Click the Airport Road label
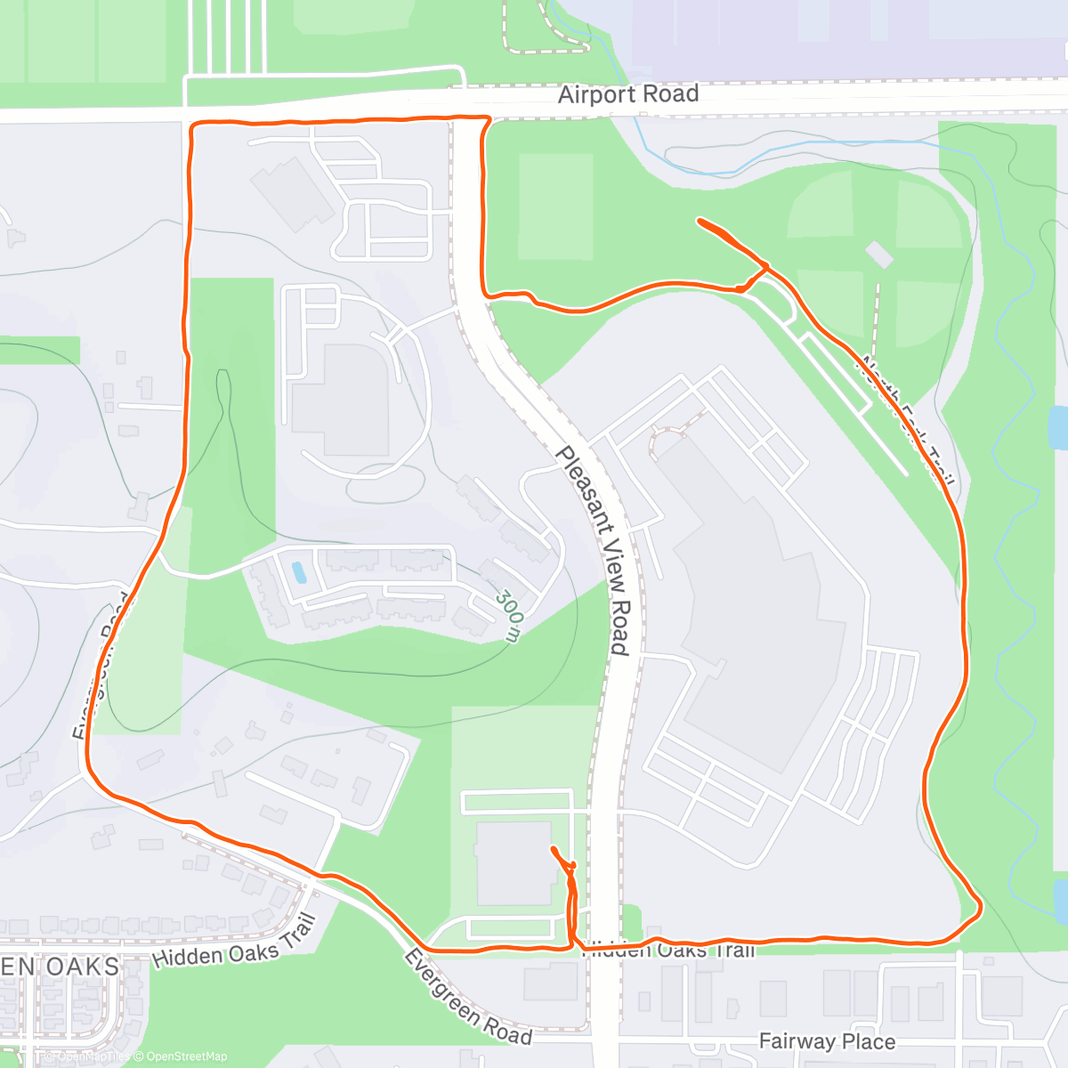627,93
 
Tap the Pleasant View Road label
594,549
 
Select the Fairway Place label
827,1041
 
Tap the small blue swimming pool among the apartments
299,572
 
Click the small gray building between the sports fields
878,255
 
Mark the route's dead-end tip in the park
700,220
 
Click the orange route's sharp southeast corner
980,908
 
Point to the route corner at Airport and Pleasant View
488,118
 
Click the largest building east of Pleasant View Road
756,605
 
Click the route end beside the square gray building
554,849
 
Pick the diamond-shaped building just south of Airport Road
292,193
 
